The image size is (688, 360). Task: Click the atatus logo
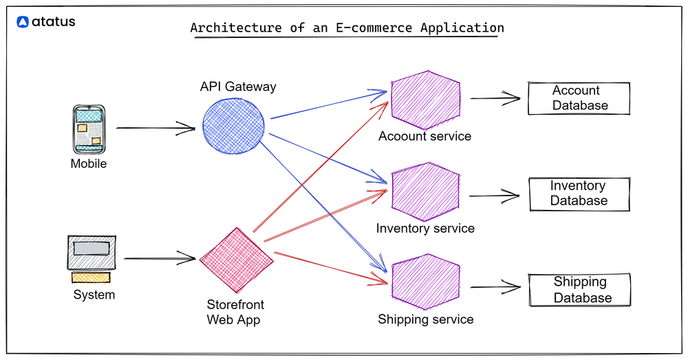pos(45,22)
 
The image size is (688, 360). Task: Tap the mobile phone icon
pos(89,129)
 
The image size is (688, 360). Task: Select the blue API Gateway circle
pos(234,125)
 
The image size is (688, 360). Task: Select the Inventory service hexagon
pos(425,191)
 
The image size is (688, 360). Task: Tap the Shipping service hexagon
pos(425,284)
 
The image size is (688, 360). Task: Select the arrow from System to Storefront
pos(160,259)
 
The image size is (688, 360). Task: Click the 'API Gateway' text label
pos(238,87)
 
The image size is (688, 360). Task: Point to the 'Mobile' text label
pos(89,164)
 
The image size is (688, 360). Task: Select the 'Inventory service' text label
pos(425,228)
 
